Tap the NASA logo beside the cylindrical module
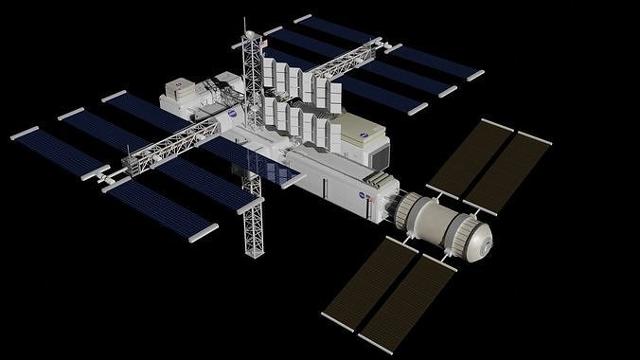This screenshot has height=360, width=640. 364,194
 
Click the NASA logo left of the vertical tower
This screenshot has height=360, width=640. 232,111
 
